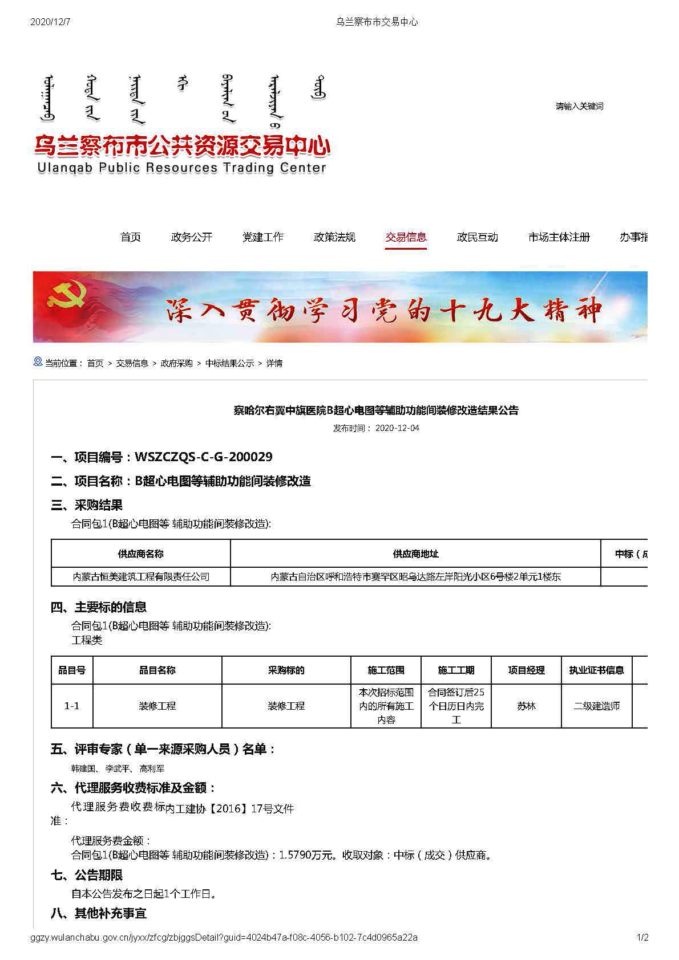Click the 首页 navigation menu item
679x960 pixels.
tap(130, 237)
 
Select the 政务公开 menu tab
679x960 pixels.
tap(191, 237)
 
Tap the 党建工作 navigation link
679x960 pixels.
tap(262, 237)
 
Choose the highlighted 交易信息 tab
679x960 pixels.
tap(406, 237)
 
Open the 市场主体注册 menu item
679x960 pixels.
tap(559, 237)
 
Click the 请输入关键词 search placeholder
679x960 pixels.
tap(579, 107)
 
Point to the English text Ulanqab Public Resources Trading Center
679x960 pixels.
tap(181, 168)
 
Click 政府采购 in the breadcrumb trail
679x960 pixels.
tap(176, 363)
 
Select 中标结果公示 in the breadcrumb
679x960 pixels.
tap(229, 363)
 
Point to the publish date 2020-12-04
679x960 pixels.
tap(397, 428)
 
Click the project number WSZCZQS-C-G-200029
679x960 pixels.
tap(203, 457)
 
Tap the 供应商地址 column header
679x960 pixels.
tap(415, 554)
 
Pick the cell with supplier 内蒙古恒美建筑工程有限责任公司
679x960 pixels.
tap(141, 576)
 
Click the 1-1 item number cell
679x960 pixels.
tap(72, 706)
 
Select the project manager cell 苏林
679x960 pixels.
tap(526, 706)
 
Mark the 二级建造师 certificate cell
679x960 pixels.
tap(596, 706)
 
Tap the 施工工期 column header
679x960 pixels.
tap(456, 670)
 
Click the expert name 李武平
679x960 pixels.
tap(118, 768)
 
